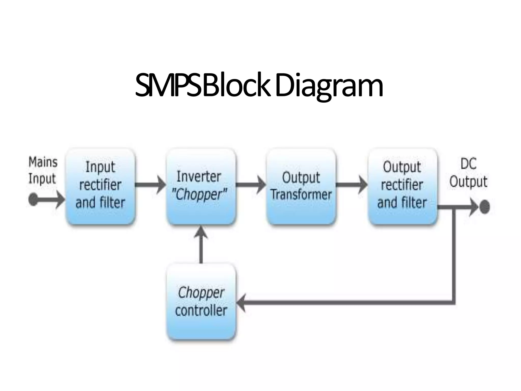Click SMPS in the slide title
click(168, 85)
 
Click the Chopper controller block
click(201, 302)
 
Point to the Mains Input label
click(43, 170)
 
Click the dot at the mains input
click(33, 199)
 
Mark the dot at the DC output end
click(485, 207)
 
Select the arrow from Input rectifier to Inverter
click(150, 185)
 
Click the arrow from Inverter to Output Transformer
click(251, 185)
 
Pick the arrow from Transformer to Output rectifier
click(352, 185)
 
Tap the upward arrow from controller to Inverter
click(201, 244)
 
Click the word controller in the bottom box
click(201, 311)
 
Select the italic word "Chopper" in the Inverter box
click(199, 195)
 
